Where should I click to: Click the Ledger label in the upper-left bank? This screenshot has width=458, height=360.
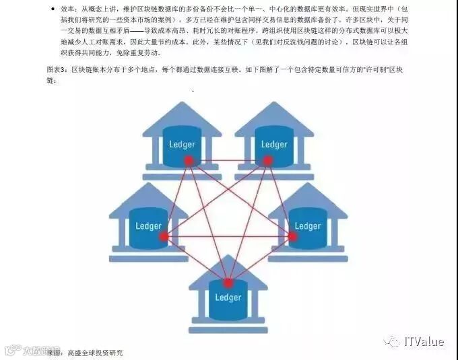click(x=182, y=144)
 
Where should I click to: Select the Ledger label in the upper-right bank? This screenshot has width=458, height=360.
click(x=274, y=144)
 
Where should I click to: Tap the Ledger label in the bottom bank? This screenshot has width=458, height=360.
click(x=228, y=297)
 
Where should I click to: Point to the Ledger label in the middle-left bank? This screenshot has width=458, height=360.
click(x=149, y=226)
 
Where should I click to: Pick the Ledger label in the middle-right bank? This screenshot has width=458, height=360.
click(x=308, y=226)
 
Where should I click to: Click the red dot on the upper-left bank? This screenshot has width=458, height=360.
click(x=189, y=160)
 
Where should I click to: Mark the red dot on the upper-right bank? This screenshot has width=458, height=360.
click(x=267, y=160)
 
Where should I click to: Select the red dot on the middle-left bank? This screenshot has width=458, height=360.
click(x=164, y=236)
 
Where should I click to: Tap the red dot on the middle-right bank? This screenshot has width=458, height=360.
click(x=293, y=236)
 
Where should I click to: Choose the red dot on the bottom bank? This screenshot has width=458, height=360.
click(x=228, y=283)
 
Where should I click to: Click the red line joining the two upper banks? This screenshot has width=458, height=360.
click(x=228, y=160)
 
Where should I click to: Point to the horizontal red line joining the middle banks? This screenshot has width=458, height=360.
click(x=228, y=236)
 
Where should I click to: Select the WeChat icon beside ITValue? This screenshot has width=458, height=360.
click(x=392, y=342)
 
